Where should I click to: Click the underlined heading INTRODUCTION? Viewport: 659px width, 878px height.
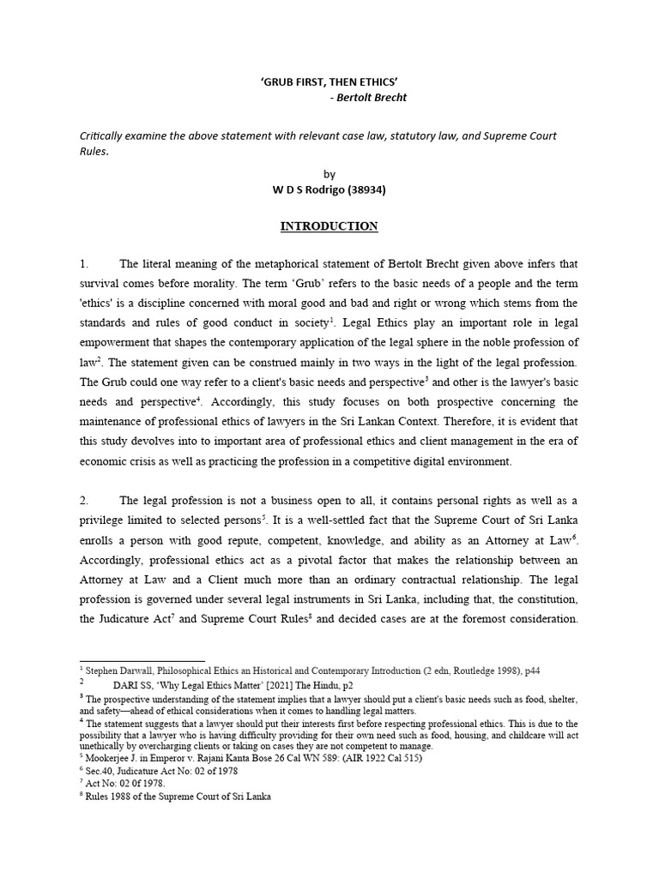[329, 226]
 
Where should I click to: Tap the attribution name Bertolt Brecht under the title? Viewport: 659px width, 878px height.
[372, 98]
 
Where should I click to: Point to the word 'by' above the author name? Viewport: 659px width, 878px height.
[329, 173]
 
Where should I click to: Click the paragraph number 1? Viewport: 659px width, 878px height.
[83, 264]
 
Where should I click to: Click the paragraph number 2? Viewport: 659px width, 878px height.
[83, 501]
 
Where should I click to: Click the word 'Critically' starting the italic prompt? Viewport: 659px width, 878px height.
[101, 135]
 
